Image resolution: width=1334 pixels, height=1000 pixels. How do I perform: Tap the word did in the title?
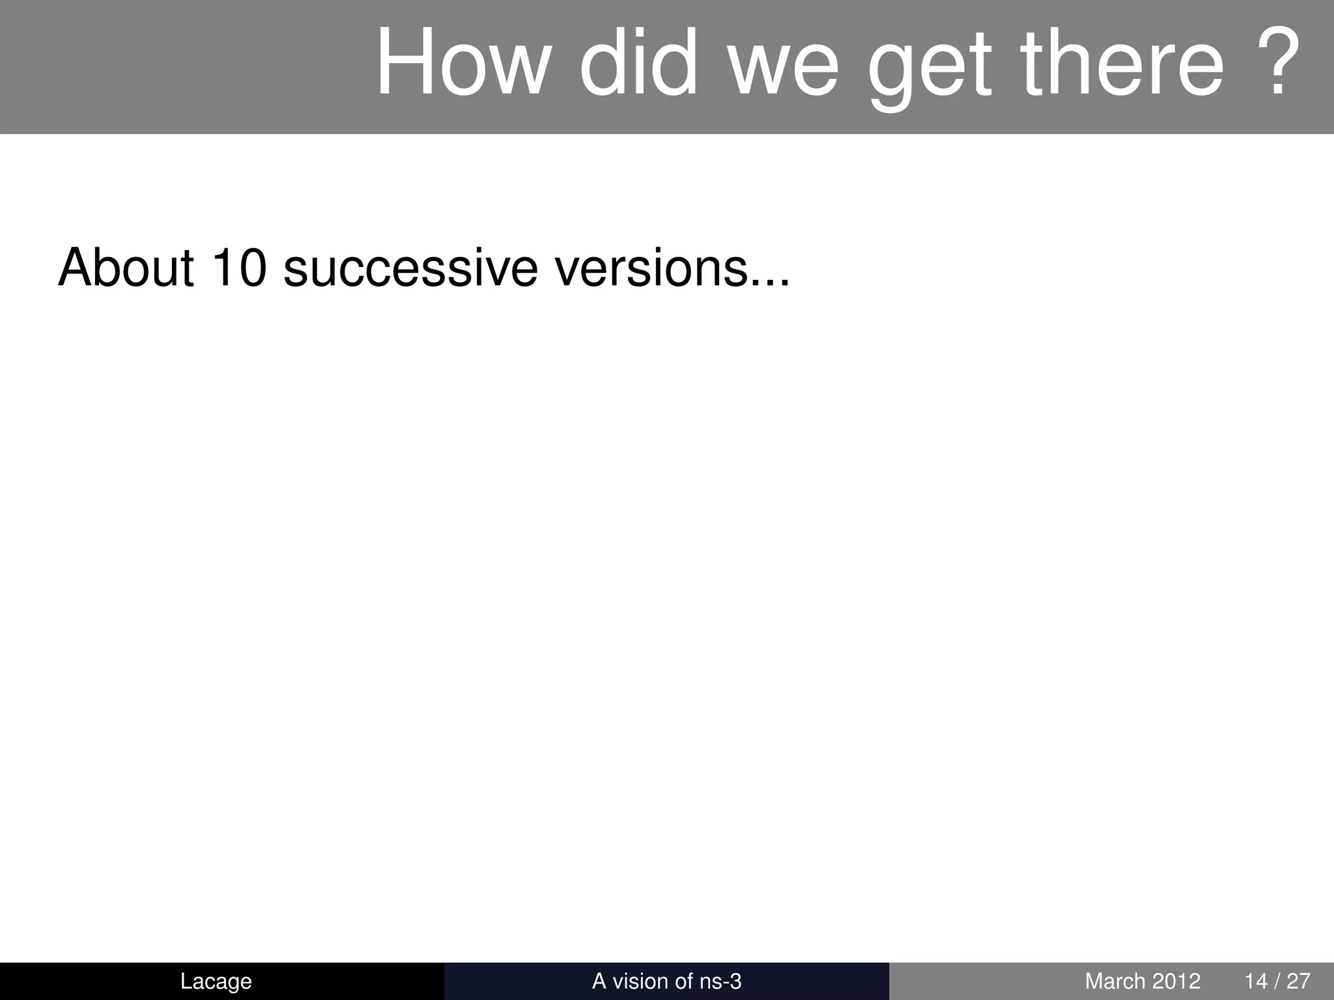(x=637, y=63)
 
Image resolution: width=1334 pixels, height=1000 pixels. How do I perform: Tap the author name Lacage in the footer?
(x=216, y=981)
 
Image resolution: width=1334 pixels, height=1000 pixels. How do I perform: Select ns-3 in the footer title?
(x=720, y=981)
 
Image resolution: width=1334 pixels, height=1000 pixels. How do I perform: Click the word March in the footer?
(x=1114, y=980)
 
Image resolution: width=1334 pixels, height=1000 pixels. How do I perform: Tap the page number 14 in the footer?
(x=1255, y=980)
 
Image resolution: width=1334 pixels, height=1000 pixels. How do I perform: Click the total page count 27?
(x=1298, y=980)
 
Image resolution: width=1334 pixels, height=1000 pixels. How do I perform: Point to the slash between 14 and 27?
(x=1277, y=980)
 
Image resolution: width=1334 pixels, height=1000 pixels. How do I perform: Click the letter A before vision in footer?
(x=599, y=980)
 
